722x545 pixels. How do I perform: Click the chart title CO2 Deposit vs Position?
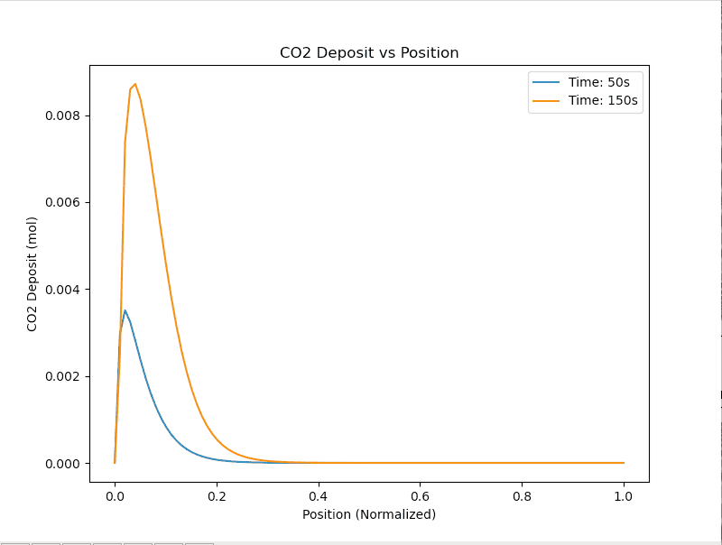pos(369,53)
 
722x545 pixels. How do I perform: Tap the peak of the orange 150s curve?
pos(134,84)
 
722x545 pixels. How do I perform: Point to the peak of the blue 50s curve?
pos(125,310)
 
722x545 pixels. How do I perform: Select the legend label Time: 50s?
pos(599,82)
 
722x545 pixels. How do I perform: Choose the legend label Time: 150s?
pos(603,101)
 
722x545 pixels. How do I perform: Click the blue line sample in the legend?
pos(546,82)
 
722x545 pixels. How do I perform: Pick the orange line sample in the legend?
pos(546,101)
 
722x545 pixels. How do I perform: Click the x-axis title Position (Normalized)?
pos(369,514)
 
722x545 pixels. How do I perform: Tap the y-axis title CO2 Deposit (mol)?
pos(32,274)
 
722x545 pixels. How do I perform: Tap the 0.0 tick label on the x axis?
pos(115,494)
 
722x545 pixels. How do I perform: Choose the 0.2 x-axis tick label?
pos(217,494)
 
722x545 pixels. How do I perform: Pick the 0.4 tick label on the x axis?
pos(319,494)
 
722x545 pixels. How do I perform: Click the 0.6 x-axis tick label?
pos(421,494)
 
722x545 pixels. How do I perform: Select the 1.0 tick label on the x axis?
pos(624,494)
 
